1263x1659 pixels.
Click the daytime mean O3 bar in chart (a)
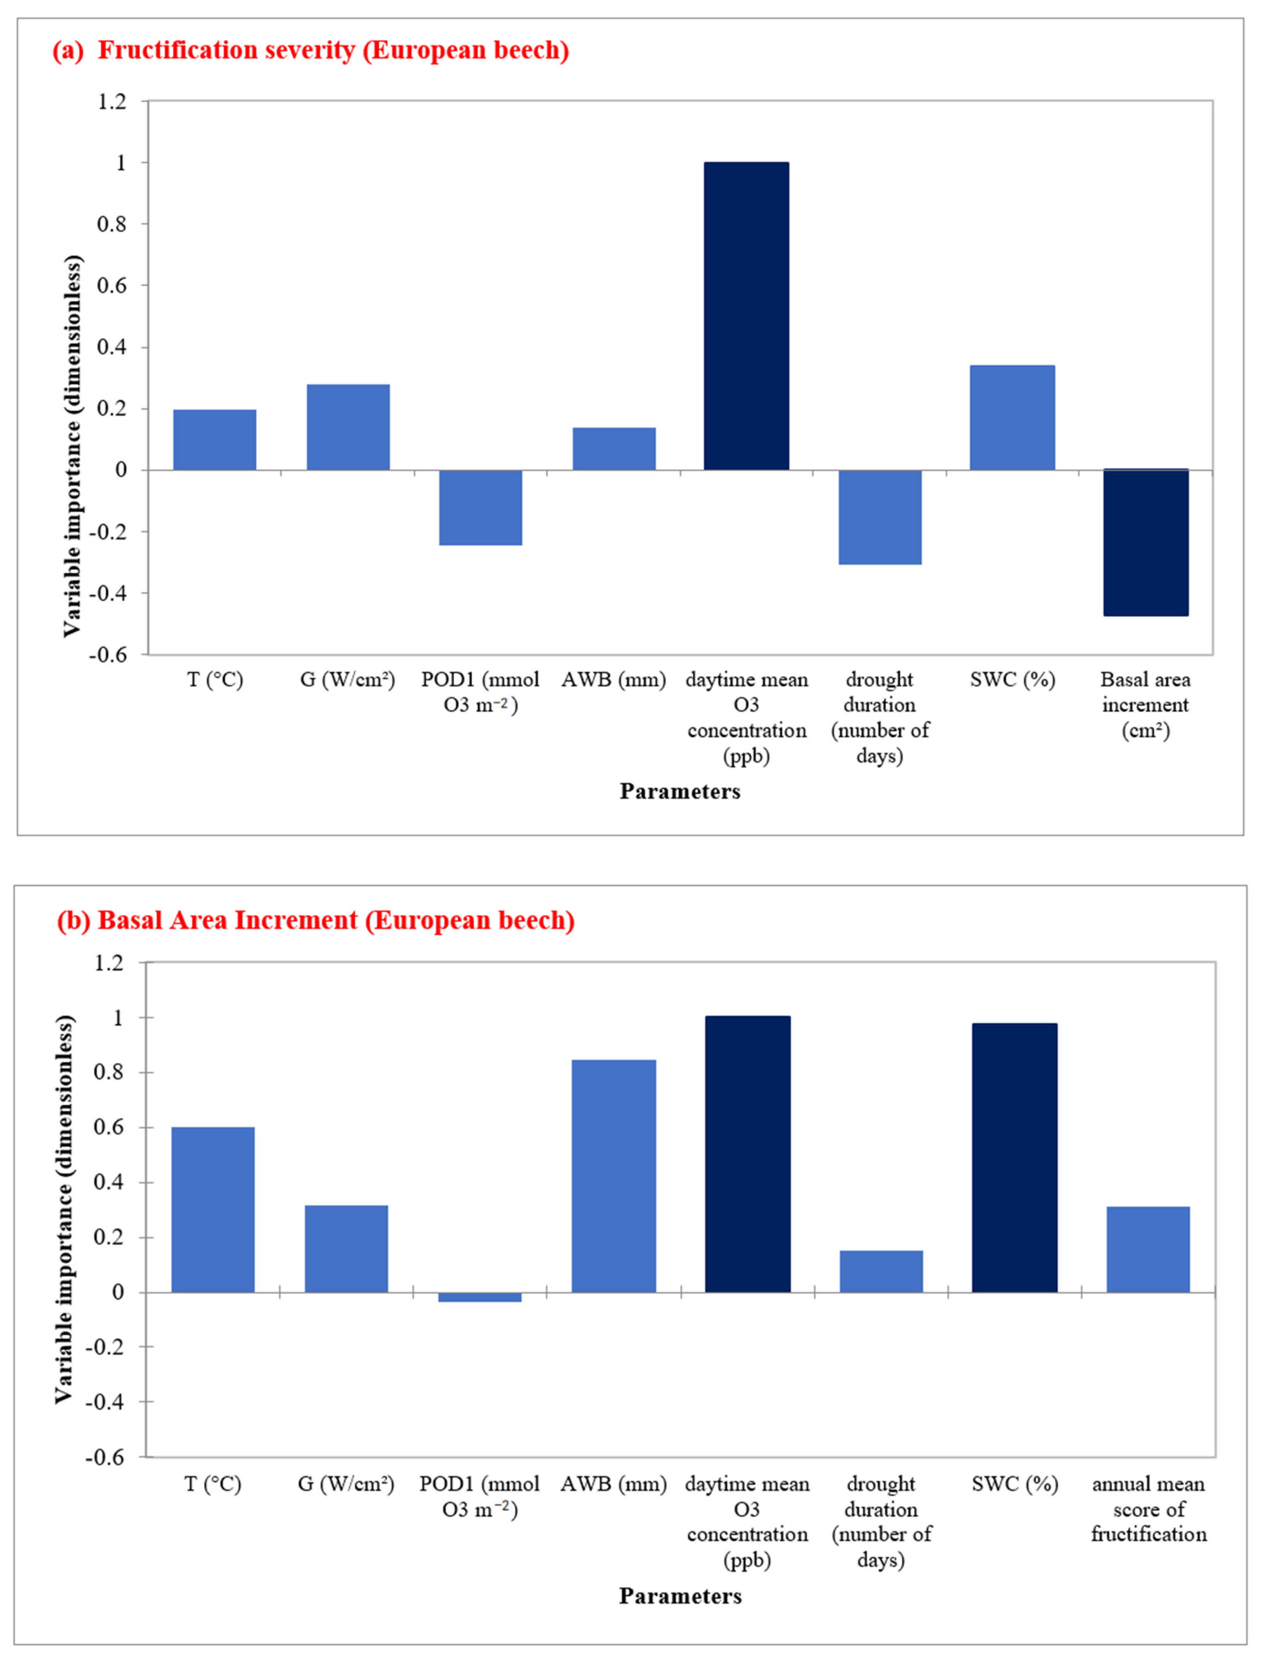747,315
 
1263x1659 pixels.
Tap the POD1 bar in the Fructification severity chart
480,507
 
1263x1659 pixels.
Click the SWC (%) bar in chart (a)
1012,418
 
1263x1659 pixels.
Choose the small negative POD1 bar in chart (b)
480,1297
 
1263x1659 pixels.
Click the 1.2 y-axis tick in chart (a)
112,101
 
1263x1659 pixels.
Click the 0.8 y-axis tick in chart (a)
112,224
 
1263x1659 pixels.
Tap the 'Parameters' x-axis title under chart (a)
680,791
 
